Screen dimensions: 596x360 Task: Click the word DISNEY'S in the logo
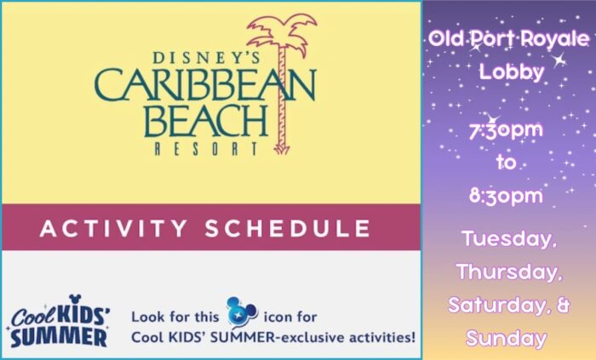coord(206,57)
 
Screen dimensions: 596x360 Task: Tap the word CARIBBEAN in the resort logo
coord(205,85)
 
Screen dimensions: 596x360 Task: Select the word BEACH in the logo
coord(206,121)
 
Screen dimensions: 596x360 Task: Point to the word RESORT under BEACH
coord(206,148)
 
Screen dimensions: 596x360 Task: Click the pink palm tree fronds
coord(282,33)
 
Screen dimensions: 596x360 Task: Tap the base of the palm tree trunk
coord(282,149)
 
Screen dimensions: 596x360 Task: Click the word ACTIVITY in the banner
coord(113,228)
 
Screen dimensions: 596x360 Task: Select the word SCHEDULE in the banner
coord(288,228)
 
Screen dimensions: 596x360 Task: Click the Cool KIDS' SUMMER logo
coord(59,321)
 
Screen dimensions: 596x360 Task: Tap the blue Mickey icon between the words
coord(241,312)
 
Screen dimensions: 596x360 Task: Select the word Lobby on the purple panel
coord(511,71)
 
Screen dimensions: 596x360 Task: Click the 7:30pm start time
coord(506,130)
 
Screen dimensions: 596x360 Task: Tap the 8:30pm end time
coord(506,196)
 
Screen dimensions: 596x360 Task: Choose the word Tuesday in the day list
coord(507,240)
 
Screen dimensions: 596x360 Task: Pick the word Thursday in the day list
coord(509,271)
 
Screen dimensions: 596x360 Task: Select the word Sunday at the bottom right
coord(507,339)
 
